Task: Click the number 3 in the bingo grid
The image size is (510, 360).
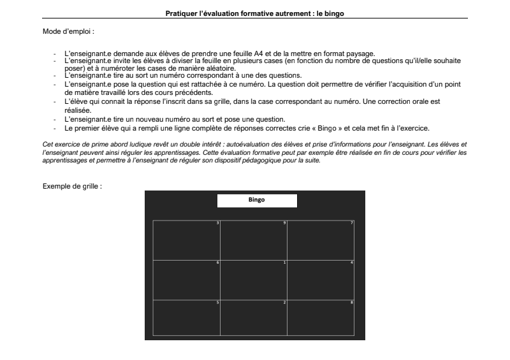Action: coord(218,222)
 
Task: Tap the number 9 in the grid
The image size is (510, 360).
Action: coord(284,222)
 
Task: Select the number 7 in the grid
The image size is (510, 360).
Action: coord(352,222)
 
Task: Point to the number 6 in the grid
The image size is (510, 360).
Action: coord(218,263)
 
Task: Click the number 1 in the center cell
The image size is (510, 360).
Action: coord(284,263)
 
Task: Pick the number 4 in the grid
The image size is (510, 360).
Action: coord(352,263)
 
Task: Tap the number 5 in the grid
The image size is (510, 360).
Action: coord(218,301)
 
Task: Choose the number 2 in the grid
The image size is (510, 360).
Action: coord(284,301)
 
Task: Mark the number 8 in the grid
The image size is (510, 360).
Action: coord(352,301)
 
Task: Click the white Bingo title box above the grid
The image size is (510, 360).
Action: coord(257,200)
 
